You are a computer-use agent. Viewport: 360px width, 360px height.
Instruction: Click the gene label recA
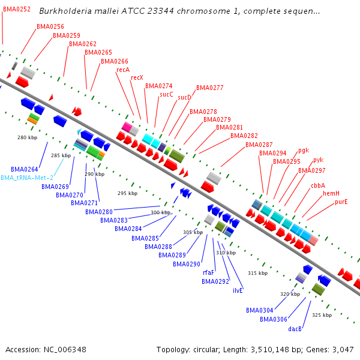123,70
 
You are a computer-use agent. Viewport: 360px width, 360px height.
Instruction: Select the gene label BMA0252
17,9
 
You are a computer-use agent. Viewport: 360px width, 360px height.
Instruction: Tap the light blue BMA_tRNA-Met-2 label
27,178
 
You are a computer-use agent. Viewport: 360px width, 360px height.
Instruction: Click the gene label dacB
295,329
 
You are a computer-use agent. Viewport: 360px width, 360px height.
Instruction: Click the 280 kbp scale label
27,137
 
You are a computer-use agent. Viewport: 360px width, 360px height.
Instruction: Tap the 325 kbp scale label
322,314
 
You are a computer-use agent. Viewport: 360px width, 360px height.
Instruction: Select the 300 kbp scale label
160,212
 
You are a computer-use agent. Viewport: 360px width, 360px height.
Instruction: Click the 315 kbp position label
257,273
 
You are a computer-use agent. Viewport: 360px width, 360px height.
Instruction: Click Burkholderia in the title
65,11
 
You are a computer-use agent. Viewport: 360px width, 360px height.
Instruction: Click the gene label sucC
166,94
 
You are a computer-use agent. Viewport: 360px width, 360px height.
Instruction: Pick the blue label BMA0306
274,319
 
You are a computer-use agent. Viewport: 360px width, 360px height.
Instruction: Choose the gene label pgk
304,150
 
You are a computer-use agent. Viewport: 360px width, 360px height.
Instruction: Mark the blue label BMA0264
25,169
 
